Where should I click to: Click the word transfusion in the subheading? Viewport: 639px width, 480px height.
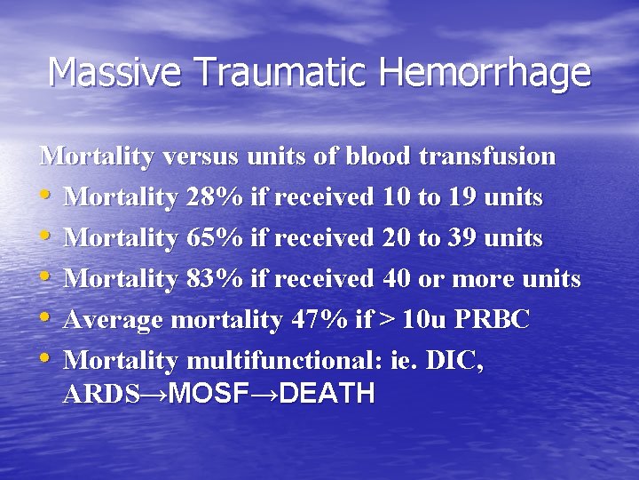point(487,156)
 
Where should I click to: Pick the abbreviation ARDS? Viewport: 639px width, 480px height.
point(101,394)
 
